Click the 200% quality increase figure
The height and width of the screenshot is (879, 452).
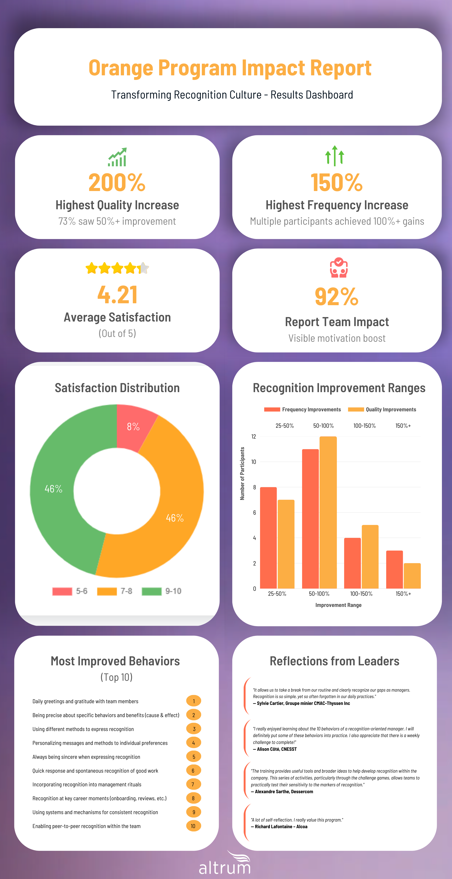[x=117, y=183]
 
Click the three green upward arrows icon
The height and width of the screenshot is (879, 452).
[x=335, y=156]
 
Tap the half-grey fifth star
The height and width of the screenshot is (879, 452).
[x=143, y=268]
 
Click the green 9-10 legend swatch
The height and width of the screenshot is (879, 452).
[x=151, y=591]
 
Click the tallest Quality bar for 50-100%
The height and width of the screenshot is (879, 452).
[x=328, y=512]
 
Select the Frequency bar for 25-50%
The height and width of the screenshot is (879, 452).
[x=268, y=537]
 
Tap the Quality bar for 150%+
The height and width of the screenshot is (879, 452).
[x=412, y=576]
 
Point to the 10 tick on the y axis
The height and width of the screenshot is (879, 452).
[x=253, y=462]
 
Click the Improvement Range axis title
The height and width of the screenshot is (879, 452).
[x=338, y=605]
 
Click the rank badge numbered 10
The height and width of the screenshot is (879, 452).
[x=193, y=826]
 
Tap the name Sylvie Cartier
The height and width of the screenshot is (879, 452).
[x=271, y=703]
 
